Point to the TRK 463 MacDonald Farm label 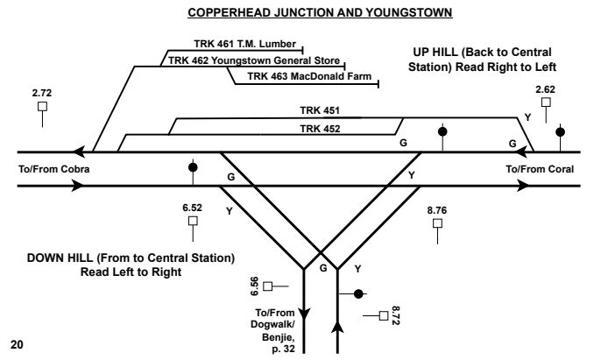303,77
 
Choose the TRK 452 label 314,128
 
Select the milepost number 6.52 192,209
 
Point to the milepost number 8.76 437,210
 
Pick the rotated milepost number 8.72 396,314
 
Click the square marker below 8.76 437,224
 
